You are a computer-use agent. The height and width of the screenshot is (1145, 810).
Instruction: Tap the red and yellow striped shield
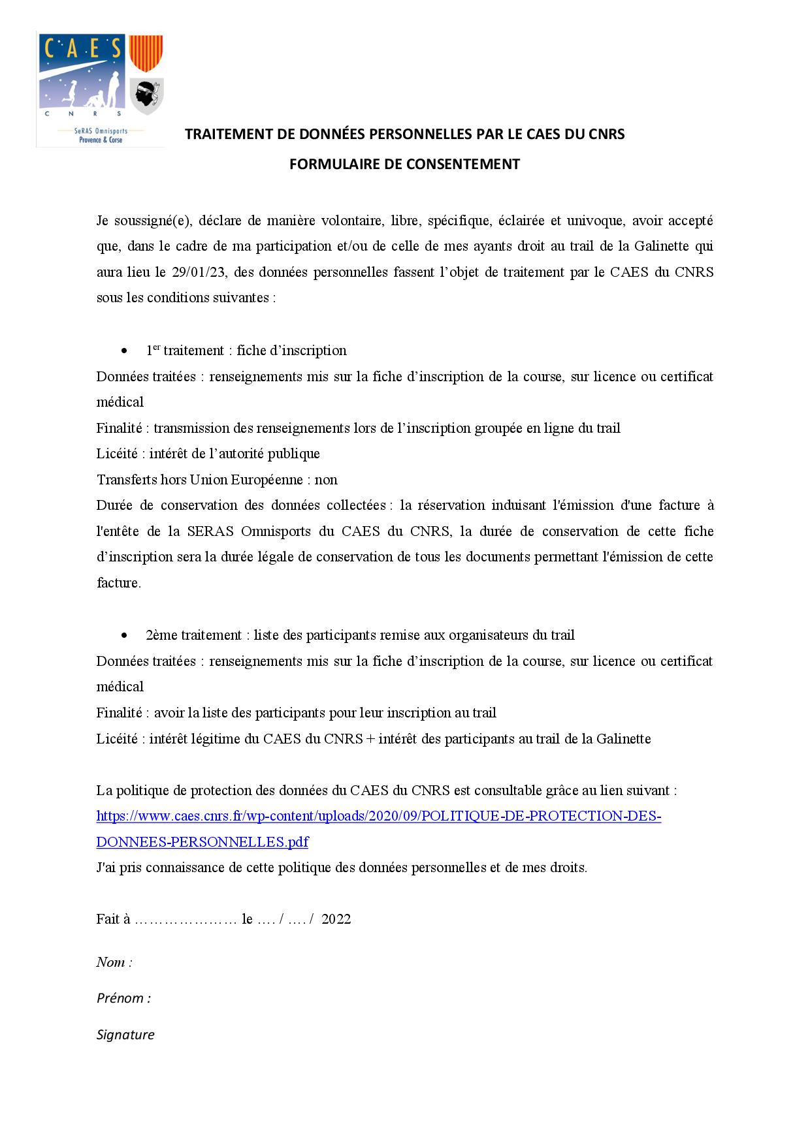click(x=146, y=53)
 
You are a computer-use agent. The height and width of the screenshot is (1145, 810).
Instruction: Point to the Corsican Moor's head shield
click(x=146, y=96)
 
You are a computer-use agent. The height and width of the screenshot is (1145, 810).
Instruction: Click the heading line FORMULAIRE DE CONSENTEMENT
click(x=404, y=165)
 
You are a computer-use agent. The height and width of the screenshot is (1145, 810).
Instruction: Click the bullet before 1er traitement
click(x=124, y=351)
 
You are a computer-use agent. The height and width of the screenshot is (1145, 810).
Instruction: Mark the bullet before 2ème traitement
click(x=124, y=636)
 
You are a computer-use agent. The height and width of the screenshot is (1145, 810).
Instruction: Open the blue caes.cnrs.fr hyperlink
click(x=378, y=817)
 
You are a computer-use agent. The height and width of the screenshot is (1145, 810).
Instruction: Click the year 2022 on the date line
click(x=336, y=919)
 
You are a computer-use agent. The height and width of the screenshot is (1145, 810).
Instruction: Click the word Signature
click(x=125, y=1035)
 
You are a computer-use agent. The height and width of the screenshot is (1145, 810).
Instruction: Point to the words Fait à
click(x=113, y=919)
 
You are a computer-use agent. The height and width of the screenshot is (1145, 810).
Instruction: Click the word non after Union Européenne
click(x=326, y=480)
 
